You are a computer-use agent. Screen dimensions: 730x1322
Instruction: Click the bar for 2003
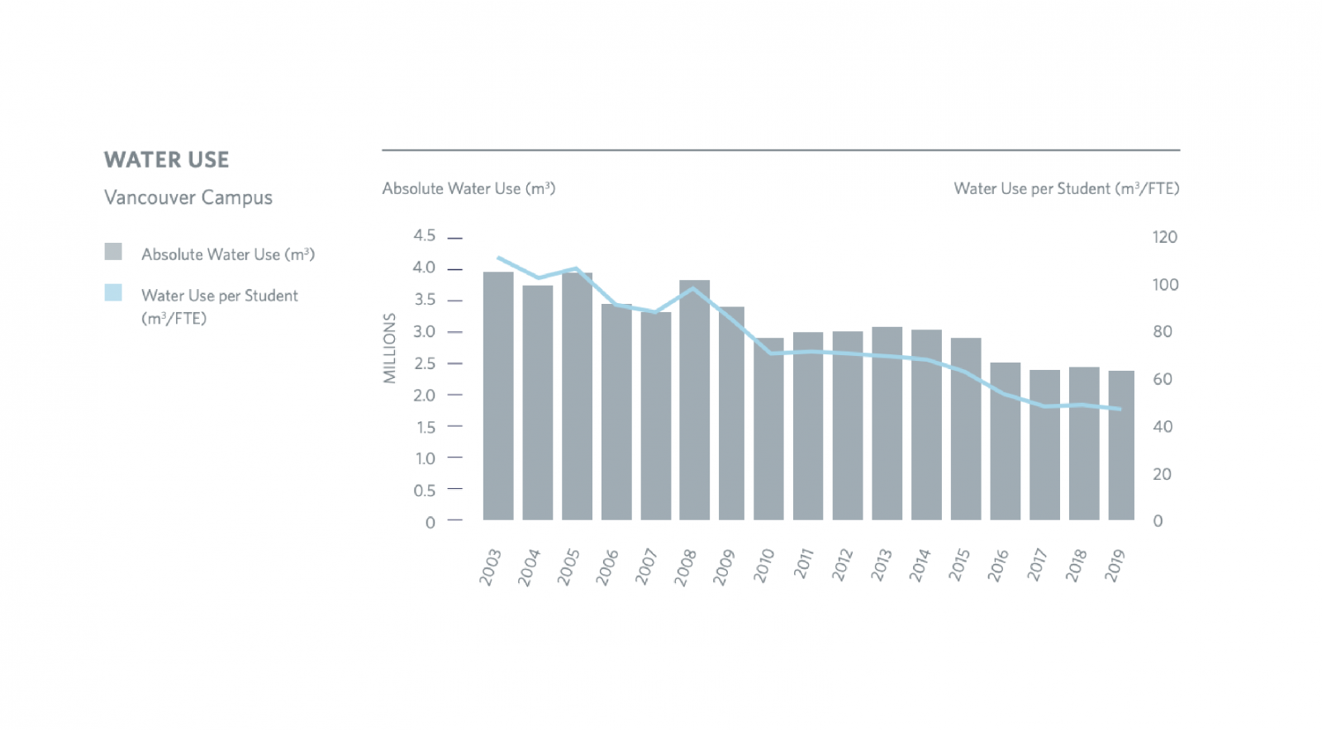point(498,396)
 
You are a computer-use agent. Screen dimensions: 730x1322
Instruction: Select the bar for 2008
point(694,400)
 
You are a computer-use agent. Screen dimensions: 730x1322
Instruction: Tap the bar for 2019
point(1121,445)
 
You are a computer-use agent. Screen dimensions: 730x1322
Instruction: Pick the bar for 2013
point(887,423)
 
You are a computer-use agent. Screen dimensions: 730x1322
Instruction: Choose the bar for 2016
point(1005,441)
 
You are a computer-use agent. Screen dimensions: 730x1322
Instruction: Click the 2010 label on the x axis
point(763,566)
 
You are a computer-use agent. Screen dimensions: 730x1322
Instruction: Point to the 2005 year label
point(568,566)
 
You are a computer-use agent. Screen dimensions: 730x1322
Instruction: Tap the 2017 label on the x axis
point(1037,566)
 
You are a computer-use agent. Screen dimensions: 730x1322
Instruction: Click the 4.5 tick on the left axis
point(424,236)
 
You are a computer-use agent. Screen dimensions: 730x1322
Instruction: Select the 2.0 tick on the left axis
point(424,396)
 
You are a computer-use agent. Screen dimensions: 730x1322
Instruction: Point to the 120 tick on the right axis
point(1164,238)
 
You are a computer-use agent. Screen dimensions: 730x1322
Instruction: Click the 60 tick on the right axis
point(1162,380)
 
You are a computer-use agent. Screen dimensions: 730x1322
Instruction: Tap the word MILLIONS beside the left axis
point(390,348)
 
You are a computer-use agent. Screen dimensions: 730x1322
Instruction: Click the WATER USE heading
point(166,160)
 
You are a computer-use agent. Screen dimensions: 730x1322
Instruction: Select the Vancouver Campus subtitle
point(188,198)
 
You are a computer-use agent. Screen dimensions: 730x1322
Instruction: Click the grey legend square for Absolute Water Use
point(113,252)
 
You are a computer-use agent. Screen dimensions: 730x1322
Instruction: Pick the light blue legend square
point(113,292)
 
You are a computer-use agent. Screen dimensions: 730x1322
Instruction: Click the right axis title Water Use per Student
point(1066,189)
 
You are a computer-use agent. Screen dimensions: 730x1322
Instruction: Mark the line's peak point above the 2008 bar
point(694,288)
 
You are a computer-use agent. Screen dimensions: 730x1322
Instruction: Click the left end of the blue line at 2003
point(498,258)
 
